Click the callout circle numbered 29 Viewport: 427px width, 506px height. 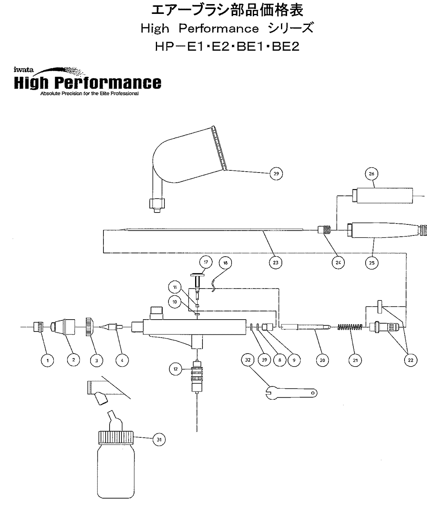click(276, 174)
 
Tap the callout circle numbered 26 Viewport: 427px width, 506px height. click(371, 174)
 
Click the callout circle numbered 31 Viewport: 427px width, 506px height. click(159, 440)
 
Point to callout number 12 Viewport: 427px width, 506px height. click(175, 369)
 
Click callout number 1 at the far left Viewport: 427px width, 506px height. click(48, 360)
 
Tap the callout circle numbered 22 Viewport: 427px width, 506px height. click(410, 360)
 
